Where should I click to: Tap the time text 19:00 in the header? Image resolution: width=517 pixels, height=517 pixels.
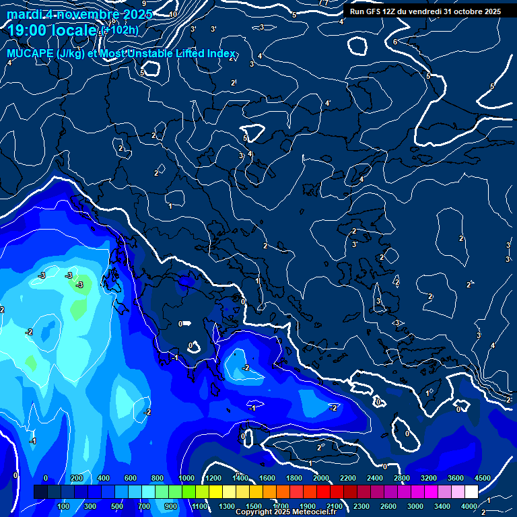[x=27, y=31]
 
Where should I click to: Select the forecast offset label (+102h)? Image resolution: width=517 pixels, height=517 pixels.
[x=120, y=30]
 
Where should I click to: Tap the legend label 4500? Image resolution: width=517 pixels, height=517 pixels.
[x=482, y=478]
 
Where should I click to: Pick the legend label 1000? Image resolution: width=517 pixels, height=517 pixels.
[x=186, y=478]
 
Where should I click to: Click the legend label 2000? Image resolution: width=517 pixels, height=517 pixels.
[x=320, y=478]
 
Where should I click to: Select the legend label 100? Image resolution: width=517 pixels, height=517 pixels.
[x=64, y=506]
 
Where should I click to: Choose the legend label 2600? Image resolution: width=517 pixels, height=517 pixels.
[x=388, y=506]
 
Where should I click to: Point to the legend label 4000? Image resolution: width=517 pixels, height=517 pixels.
[x=469, y=506]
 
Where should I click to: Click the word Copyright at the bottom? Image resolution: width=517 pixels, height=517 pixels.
[x=254, y=512]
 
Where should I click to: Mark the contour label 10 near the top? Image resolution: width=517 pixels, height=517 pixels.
[x=173, y=14]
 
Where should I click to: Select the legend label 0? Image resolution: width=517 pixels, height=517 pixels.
[x=46, y=478]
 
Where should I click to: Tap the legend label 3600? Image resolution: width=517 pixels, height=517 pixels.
[x=455, y=478]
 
